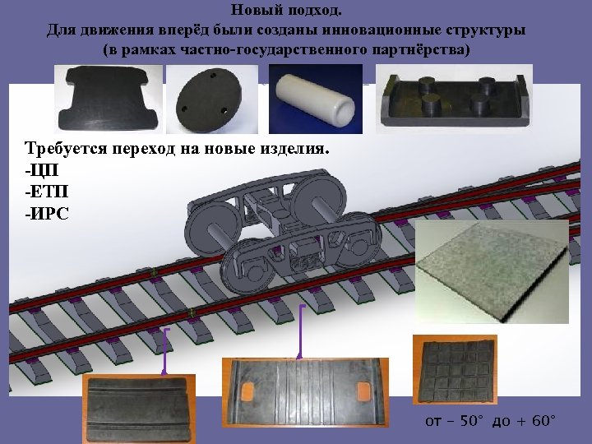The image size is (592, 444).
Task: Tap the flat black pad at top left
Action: pyautogui.click(x=108, y=98)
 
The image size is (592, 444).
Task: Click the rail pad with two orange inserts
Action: pyautogui.click(x=305, y=391)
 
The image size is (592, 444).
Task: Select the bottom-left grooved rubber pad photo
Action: pyautogui.click(x=139, y=409)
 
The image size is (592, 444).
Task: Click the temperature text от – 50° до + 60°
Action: pyautogui.click(x=490, y=422)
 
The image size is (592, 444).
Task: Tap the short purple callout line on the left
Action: pyautogui.click(x=167, y=351)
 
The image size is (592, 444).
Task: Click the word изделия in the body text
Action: pyautogui.click(x=294, y=149)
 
